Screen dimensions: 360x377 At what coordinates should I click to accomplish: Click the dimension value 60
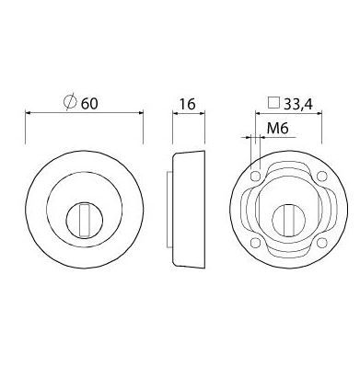[x=89, y=104]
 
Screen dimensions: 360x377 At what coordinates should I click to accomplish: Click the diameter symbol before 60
[x=70, y=102]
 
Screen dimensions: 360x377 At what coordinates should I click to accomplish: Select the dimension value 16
[x=187, y=104]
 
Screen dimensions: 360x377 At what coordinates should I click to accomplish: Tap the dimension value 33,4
[x=298, y=105]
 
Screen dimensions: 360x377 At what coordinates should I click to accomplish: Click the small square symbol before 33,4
[x=273, y=103]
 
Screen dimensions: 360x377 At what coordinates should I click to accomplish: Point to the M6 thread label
[x=277, y=129]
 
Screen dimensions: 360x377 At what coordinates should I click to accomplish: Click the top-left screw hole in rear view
[x=255, y=177]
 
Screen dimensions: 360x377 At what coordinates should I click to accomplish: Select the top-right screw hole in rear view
[x=321, y=177]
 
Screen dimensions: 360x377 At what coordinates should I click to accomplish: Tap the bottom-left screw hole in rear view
[x=255, y=243]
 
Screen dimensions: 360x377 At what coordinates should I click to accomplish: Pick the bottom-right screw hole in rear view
[x=321, y=243]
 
